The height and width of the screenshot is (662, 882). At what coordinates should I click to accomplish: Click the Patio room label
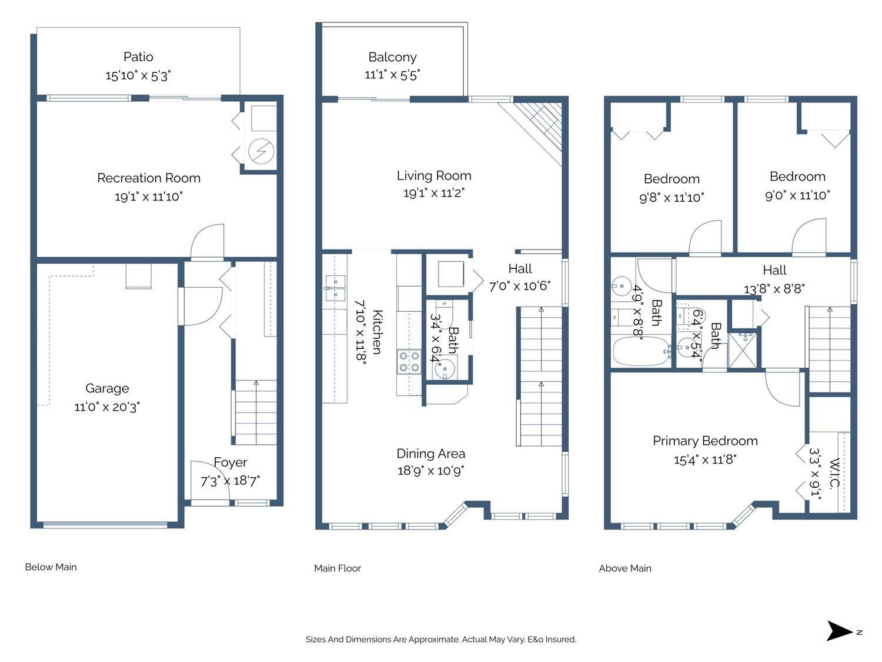pos(138,57)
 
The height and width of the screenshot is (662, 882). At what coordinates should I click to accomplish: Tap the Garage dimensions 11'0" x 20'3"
pos(107,407)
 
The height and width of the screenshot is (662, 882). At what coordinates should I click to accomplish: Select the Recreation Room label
pos(149,178)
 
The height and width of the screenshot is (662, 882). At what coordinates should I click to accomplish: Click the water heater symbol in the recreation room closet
pos(261,152)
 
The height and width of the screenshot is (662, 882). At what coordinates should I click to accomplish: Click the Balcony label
pos(392,57)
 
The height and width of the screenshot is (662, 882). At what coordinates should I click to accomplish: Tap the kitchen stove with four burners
pos(408,361)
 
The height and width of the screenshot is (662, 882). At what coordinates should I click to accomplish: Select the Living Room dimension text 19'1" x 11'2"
pos(434,193)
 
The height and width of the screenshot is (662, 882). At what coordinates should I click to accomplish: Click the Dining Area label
pos(431,453)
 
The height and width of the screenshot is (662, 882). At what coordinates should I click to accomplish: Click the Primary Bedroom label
pos(705,441)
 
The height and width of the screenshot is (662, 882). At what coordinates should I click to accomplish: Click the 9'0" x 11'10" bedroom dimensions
pos(797,195)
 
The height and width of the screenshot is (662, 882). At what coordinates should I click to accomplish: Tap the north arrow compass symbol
pos(839,631)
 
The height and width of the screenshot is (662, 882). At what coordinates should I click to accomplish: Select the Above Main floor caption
pos(625,568)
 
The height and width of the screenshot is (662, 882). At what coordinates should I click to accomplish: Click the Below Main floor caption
pos(51,567)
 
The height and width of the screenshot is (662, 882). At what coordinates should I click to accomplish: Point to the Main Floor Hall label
pos(520,269)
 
